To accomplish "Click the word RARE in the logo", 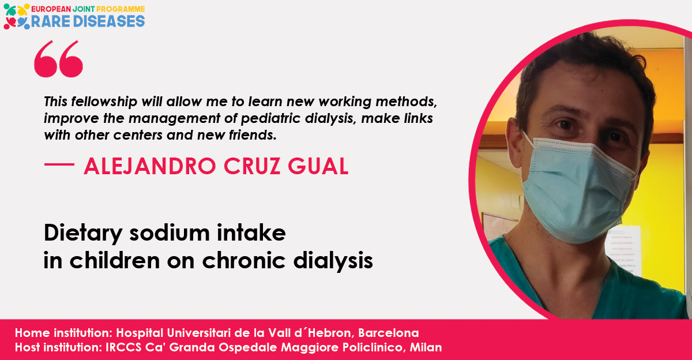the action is (50, 21).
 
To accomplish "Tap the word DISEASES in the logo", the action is (109, 21).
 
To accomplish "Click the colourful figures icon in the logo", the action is (16, 17).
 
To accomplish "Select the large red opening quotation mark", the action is (58, 59).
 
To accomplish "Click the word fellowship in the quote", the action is (104, 102).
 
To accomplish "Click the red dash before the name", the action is (59, 164).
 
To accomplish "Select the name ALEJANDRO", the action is (150, 166).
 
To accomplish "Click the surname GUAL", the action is (318, 166).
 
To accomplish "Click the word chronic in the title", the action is (244, 261).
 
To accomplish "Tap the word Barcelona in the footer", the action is (389, 333).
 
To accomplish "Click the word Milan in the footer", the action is (426, 347).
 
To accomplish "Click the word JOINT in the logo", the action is (84, 9).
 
